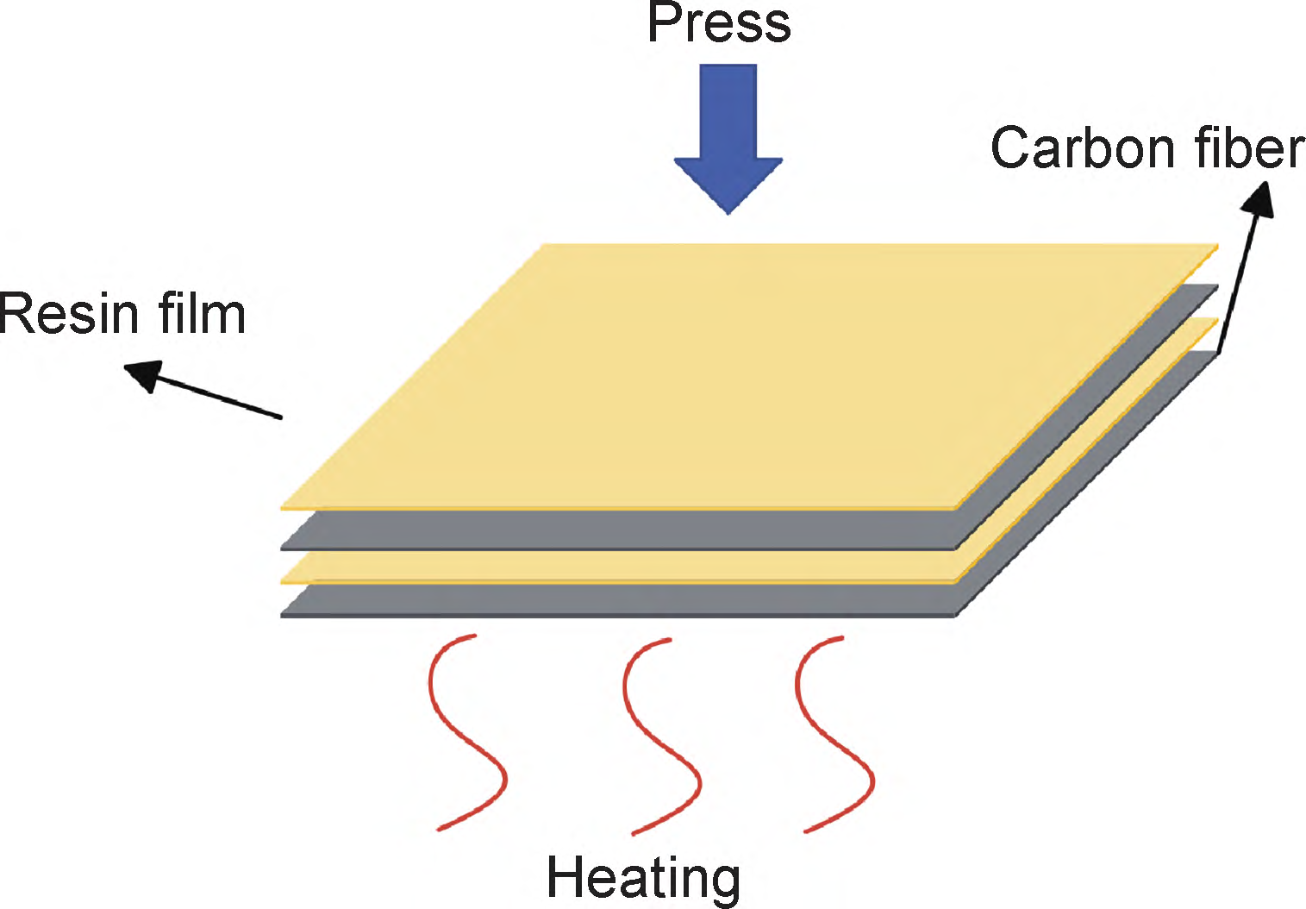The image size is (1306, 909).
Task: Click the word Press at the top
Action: point(718,23)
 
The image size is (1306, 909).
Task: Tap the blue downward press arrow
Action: point(728,129)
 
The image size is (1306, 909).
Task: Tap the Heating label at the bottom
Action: point(643,879)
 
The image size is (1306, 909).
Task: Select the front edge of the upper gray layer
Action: point(617,530)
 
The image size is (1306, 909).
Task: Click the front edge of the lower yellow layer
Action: point(617,567)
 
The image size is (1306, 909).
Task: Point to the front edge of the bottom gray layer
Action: point(617,601)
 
